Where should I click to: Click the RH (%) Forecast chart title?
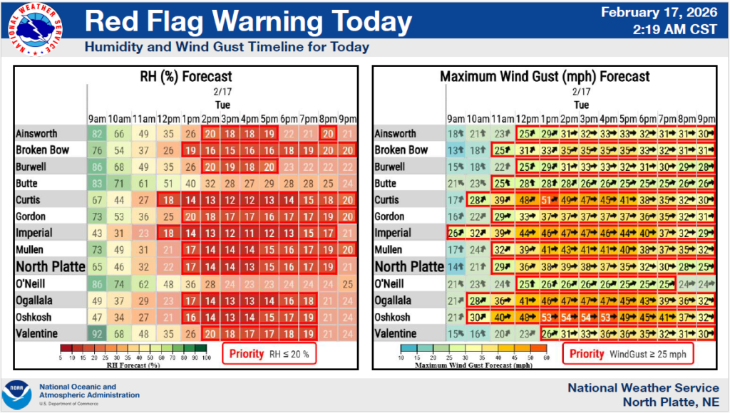[187, 76]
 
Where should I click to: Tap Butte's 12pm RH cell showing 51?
[169, 183]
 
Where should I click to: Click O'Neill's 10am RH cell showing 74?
[122, 283]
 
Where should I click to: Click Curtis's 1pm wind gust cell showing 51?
[548, 199]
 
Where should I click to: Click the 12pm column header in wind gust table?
[527, 118]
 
